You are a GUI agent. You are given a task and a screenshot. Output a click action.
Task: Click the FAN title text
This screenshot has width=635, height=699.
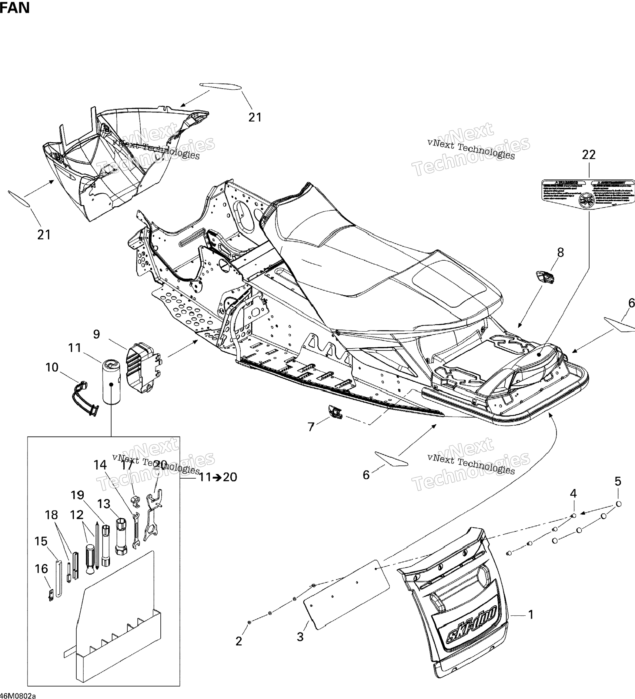coord(15,8)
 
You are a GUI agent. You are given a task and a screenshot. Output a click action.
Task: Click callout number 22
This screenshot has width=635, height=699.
coord(589,155)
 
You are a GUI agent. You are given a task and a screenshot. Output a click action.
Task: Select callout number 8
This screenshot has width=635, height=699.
coord(560,253)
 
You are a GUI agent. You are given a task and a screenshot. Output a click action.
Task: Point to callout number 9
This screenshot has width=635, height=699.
coord(96,334)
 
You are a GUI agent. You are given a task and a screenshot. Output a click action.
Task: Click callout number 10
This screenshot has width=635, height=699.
coord(52,367)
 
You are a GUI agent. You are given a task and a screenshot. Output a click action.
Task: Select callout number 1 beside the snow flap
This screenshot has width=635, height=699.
coord(531,615)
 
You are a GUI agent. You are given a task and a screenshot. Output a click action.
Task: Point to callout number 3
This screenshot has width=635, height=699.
coord(300,637)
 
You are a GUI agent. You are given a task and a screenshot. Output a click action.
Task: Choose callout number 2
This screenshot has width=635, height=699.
coord(239,641)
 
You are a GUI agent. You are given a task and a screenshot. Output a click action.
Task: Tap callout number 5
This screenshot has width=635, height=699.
coord(618,481)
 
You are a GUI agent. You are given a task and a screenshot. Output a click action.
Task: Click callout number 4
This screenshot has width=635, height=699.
coord(573,493)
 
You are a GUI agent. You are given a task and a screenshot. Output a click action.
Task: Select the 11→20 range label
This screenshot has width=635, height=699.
coord(218,477)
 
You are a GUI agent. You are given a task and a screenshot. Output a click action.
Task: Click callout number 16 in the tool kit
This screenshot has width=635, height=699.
coord(42,569)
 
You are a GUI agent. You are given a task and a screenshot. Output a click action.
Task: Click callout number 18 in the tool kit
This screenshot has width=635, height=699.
coord(51,515)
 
